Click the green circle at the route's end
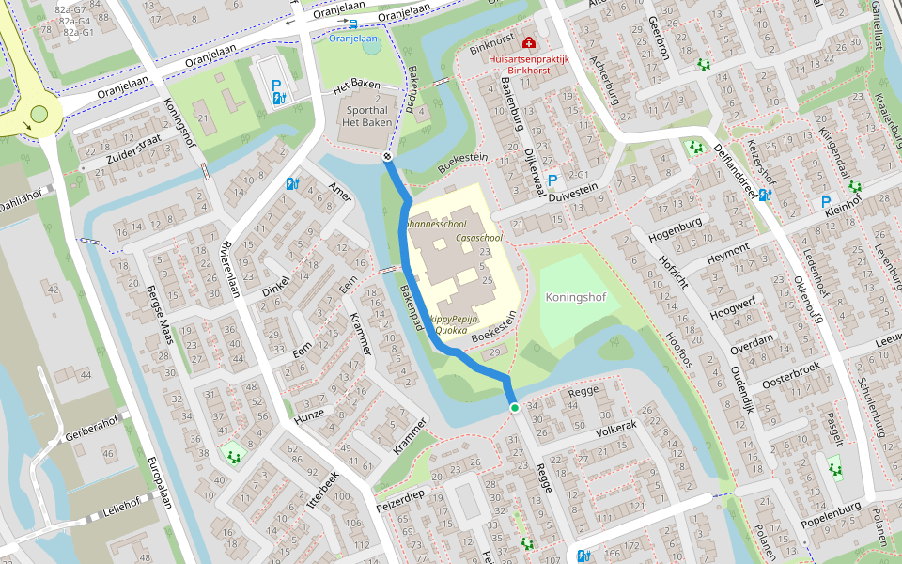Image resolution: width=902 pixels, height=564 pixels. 514,408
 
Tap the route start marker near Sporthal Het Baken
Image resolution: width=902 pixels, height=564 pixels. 387,157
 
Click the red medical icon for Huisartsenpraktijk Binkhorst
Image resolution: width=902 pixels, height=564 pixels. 529,43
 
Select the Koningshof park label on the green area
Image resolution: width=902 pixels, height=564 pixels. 575,297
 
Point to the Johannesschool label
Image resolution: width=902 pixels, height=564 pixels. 435,225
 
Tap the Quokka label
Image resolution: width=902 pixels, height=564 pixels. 453,330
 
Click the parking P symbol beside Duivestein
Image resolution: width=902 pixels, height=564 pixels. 552,180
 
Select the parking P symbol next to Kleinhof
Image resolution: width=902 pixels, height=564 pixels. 826,202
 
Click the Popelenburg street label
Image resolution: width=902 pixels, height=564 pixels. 832,516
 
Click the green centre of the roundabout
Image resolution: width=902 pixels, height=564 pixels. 39,115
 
